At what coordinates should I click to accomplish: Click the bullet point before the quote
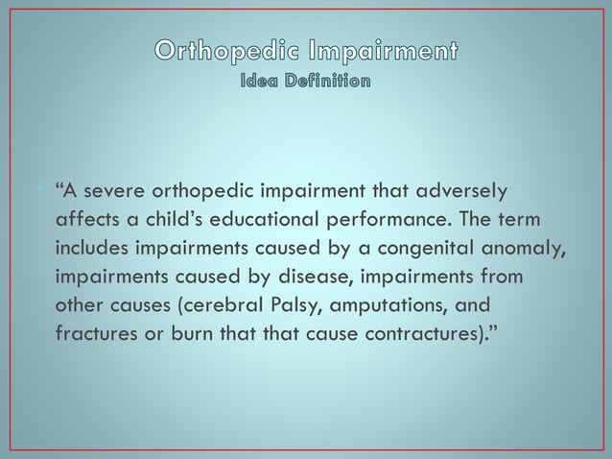44,186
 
